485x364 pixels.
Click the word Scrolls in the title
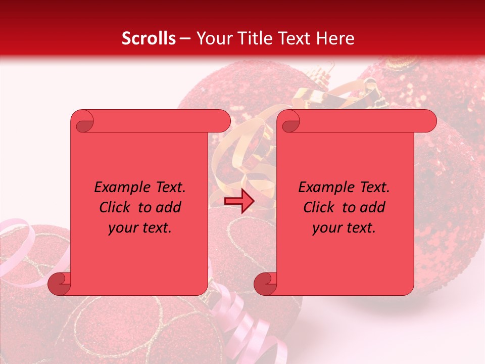(149, 38)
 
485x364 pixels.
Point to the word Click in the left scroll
(116, 207)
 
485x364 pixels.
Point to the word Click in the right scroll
(320, 207)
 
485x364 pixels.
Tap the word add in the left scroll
(169, 207)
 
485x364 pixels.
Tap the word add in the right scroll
(373, 207)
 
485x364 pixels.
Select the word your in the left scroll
(123, 228)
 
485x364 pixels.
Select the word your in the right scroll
(327, 228)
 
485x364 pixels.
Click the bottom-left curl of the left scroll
(59, 284)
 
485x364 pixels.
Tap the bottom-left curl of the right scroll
(265, 284)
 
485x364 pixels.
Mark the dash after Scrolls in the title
(185, 39)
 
